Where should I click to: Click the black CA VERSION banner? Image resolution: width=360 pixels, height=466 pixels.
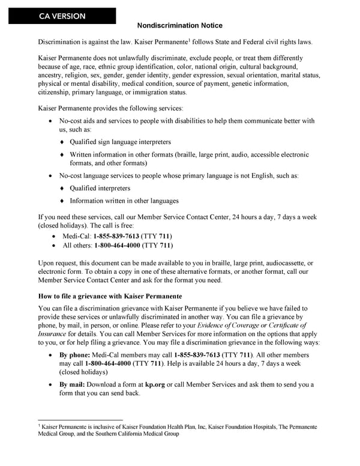pos(62,16)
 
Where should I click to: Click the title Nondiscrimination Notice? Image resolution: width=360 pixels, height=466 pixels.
pos(180,25)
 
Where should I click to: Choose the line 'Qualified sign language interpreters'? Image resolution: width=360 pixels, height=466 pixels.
pos(120,142)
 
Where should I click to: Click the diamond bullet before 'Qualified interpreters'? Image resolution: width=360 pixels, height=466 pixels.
pos(62,189)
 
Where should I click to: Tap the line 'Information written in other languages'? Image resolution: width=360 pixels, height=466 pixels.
pos(124,201)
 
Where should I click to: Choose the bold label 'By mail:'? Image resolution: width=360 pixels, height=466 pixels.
pos(74,384)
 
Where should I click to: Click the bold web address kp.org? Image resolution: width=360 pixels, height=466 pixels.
pos(155,384)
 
